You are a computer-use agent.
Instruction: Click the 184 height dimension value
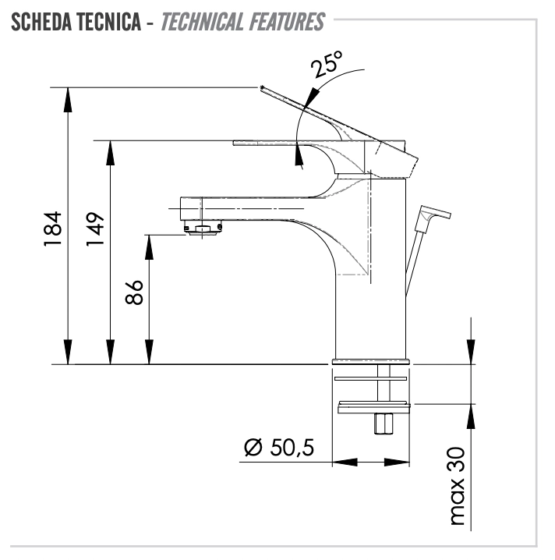[x=53, y=229]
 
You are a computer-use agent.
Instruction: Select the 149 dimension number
[x=95, y=229]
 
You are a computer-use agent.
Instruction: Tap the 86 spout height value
[x=134, y=292]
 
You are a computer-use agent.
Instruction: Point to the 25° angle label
[x=327, y=64]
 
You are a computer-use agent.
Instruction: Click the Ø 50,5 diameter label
[x=279, y=447]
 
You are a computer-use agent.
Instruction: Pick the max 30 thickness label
[x=458, y=486]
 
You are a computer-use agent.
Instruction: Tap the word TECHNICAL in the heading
[x=203, y=22]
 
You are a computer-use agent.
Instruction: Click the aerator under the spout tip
[x=203, y=229]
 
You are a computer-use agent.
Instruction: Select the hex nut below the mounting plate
[x=384, y=424]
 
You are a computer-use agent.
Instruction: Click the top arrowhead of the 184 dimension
[x=68, y=99]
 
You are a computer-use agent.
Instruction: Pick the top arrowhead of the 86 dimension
[x=149, y=247]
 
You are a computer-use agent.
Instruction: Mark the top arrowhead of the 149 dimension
[x=111, y=153]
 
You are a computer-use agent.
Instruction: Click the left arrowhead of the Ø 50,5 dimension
[x=345, y=463]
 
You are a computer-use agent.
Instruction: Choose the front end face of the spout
[x=181, y=208]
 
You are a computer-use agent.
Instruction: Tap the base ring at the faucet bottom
[x=372, y=361]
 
